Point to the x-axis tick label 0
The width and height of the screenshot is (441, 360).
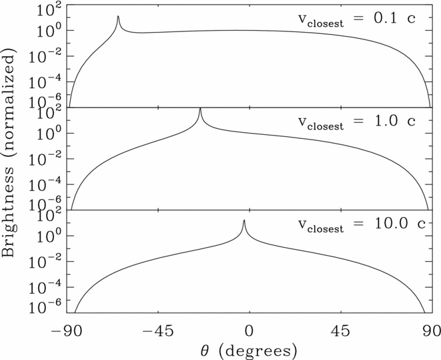click(x=249, y=330)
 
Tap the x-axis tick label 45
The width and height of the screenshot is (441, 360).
click(x=340, y=330)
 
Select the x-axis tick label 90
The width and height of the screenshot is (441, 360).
click(x=430, y=330)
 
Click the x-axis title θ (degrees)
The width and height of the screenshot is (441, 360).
click(x=248, y=349)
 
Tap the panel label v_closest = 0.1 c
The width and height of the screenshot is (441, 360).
click(x=356, y=19)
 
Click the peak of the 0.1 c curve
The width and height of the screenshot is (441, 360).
click(x=118, y=17)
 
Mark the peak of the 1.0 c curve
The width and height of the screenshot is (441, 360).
click(x=200, y=109)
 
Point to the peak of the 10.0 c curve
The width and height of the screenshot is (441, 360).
click(x=244, y=220)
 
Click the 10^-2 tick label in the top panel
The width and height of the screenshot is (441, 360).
click(x=45, y=55)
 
